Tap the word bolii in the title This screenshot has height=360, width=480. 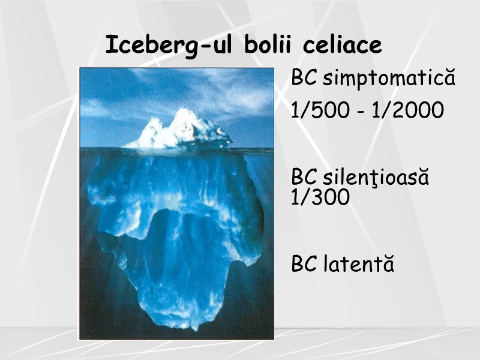pyautogui.click(x=269, y=45)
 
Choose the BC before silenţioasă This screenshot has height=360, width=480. pyautogui.click(x=305, y=178)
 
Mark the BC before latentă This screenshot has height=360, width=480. pyautogui.click(x=305, y=264)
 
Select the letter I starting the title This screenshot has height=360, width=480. pyautogui.click(x=110, y=45)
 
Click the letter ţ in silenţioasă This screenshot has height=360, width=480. pyautogui.click(x=374, y=179)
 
